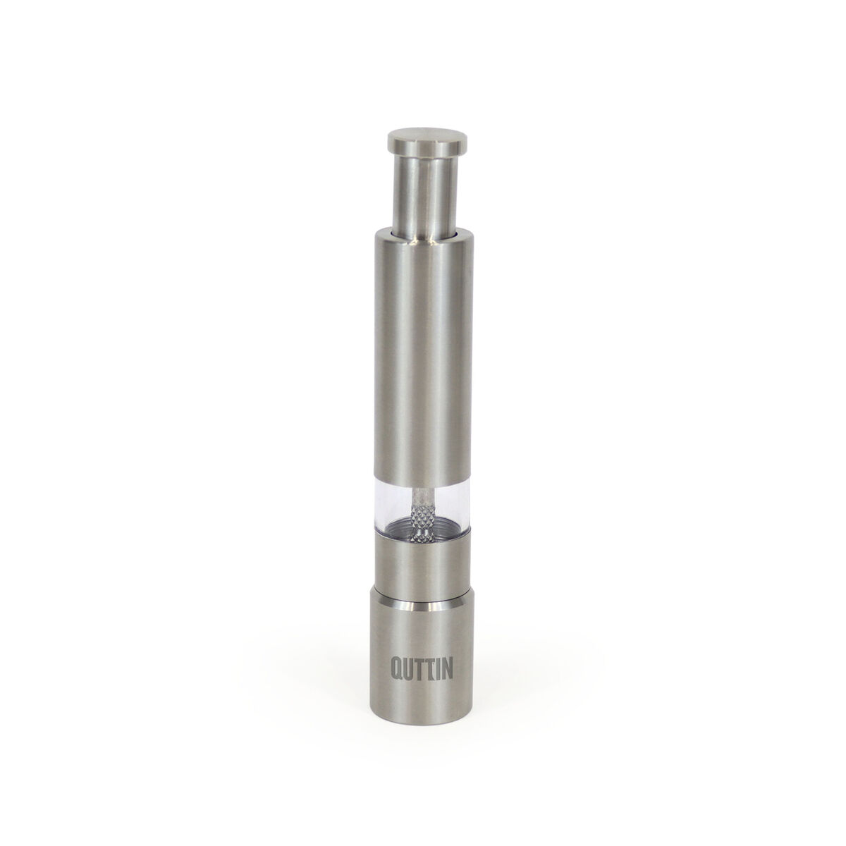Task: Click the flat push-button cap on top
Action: click(x=427, y=140)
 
